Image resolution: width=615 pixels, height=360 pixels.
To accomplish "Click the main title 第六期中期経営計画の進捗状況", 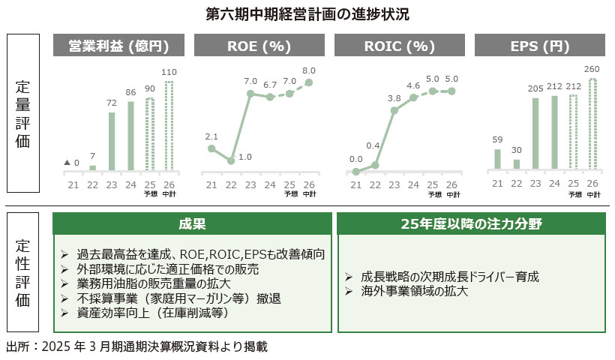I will pyautogui.click(x=307, y=13).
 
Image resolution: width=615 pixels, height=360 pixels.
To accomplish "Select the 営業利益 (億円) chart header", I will pyautogui.click(x=118, y=46).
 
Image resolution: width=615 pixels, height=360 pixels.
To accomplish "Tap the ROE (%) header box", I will pyautogui.click(x=259, y=46).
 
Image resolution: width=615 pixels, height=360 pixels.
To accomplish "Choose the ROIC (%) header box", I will pyautogui.click(x=399, y=46).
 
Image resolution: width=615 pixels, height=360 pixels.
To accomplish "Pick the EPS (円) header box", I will pyautogui.click(x=540, y=46).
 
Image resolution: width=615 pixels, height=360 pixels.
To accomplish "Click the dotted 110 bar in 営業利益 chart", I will pyautogui.click(x=169, y=126).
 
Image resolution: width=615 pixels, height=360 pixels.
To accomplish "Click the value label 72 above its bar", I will pyautogui.click(x=112, y=102).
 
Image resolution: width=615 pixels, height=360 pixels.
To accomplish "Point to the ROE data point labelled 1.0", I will pyautogui.click(x=231, y=160).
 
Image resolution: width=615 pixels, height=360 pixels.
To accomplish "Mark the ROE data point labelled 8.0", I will pyautogui.click(x=309, y=82).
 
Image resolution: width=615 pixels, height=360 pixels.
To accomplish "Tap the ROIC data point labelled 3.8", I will pyautogui.click(x=394, y=110).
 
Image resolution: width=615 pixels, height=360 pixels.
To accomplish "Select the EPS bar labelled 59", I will pyautogui.click(x=497, y=160).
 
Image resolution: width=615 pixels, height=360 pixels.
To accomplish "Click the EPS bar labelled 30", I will pyautogui.click(x=516, y=165).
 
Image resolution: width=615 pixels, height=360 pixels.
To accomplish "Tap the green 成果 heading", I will pyautogui.click(x=193, y=223).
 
